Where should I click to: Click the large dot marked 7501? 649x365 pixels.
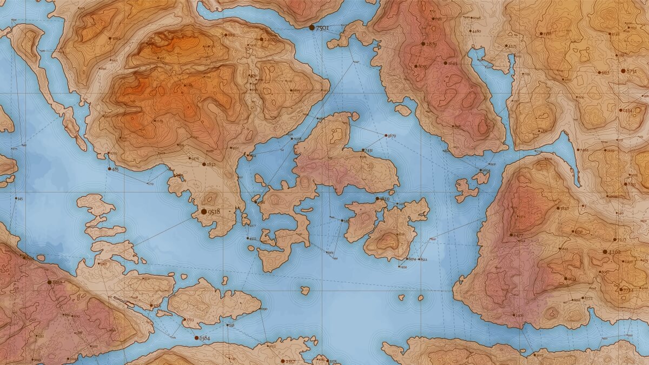312,27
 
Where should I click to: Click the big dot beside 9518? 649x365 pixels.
203,212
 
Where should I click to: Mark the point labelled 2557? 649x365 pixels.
282,360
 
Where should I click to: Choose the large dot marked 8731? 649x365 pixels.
622,71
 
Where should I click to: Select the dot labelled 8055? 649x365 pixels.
414,66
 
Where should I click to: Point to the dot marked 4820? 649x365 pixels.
378,199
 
